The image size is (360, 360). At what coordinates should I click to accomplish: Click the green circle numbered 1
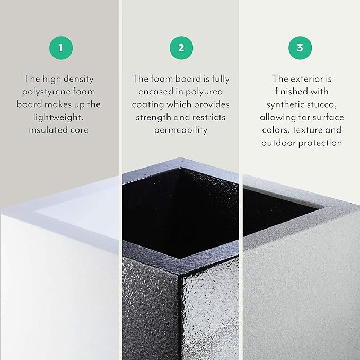tap(61, 48)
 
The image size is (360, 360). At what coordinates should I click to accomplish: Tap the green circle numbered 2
tap(181, 48)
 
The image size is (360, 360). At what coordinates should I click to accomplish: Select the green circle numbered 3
tap(300, 48)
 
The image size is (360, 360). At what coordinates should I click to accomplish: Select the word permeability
tap(181, 130)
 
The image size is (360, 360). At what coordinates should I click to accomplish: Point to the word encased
tap(161, 92)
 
